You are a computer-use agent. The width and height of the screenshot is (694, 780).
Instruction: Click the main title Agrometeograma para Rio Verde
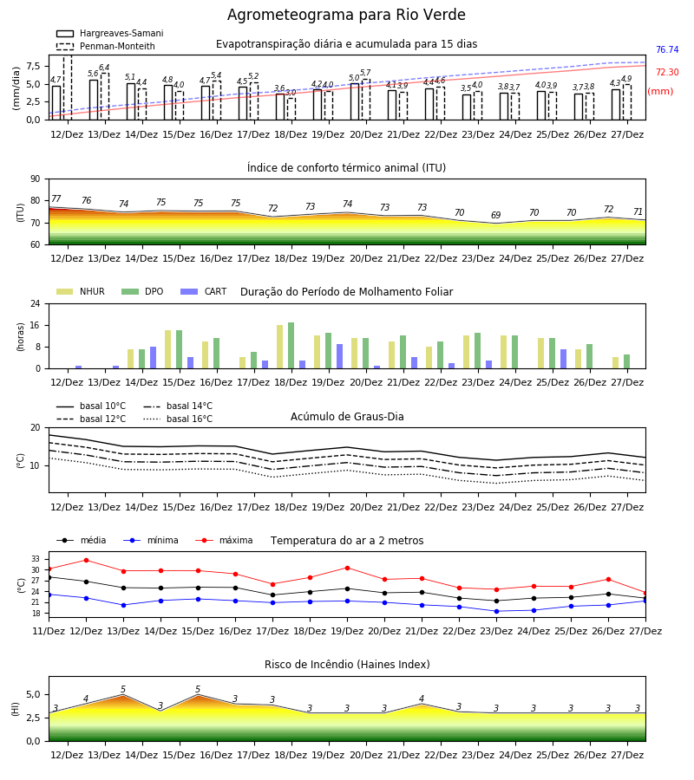click(x=346, y=15)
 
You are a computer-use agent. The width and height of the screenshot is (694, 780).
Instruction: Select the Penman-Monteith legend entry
click(x=106, y=46)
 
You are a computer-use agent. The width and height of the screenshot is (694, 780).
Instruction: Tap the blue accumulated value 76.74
click(x=667, y=49)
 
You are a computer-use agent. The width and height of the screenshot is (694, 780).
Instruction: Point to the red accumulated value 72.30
click(x=667, y=72)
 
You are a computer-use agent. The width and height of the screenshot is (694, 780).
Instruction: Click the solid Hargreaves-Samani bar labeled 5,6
click(x=94, y=100)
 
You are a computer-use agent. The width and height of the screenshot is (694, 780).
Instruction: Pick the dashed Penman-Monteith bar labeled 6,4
click(x=105, y=96)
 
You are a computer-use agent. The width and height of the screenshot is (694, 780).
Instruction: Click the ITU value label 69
click(x=496, y=215)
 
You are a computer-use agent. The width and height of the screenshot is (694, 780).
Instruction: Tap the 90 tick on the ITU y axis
click(x=36, y=179)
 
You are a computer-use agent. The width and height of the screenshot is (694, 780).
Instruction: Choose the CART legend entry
click(x=204, y=291)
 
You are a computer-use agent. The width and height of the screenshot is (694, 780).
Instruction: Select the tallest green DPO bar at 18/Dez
click(x=291, y=346)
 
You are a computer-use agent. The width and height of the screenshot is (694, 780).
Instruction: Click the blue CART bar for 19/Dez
click(x=339, y=356)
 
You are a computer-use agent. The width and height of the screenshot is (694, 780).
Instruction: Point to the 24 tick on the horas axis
click(x=36, y=303)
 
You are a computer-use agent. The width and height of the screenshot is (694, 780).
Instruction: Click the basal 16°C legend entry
click(x=178, y=419)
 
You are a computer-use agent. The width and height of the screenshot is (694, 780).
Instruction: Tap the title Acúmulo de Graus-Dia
click(x=347, y=416)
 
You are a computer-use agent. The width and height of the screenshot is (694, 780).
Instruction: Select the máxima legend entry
click(x=224, y=540)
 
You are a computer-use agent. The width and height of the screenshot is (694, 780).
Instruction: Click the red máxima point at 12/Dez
click(x=86, y=560)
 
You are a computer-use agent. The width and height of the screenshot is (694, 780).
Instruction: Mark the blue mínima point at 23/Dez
click(x=496, y=611)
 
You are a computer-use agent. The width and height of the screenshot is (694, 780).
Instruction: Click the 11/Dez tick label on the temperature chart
click(x=49, y=631)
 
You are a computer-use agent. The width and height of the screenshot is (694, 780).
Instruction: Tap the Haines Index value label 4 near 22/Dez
click(x=422, y=699)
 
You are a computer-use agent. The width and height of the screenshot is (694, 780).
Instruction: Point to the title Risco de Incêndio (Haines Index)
click(x=347, y=664)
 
